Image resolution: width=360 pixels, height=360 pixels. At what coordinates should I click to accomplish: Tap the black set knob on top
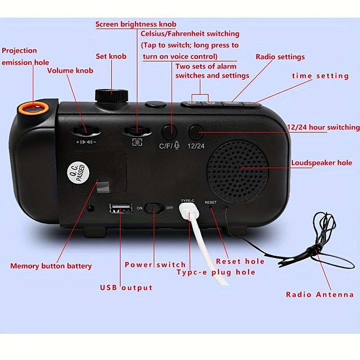click(x=112, y=95)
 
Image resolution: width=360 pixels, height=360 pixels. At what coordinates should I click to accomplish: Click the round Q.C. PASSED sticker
click(x=78, y=173)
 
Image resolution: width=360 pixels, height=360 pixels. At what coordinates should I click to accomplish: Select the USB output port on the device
click(x=121, y=208)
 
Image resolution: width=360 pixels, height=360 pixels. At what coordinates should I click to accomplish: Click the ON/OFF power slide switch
click(x=155, y=208)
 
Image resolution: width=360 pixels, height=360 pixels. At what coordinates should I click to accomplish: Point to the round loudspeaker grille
click(x=238, y=172)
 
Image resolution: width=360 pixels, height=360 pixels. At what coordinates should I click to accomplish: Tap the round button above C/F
click(x=169, y=132)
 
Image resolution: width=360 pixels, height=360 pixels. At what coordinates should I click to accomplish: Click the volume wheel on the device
click(x=86, y=131)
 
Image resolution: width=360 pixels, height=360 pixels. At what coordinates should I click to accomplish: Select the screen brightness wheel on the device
click(x=137, y=131)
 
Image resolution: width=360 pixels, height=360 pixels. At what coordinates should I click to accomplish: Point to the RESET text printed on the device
click(x=211, y=202)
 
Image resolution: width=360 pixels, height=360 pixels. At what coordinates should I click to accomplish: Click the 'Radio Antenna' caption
click(x=319, y=295)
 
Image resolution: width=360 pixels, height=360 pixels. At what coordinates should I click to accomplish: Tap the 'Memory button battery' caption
click(x=51, y=266)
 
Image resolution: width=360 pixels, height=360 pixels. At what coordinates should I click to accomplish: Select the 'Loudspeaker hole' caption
click(x=322, y=162)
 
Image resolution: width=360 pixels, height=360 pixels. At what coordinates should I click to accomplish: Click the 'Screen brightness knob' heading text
click(x=136, y=24)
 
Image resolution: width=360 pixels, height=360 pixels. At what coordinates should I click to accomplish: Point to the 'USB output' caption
click(x=126, y=288)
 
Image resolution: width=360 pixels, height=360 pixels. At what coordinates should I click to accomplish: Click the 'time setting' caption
click(x=320, y=76)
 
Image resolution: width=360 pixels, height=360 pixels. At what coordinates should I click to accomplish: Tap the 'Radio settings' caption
click(x=280, y=57)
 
